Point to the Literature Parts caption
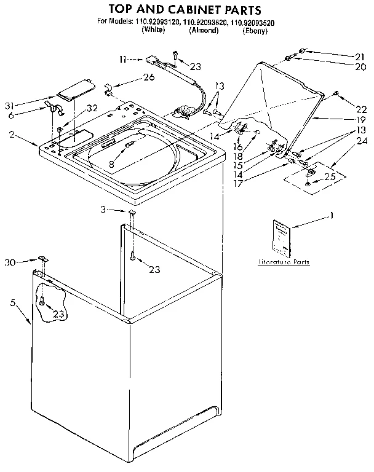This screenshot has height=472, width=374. [283, 262]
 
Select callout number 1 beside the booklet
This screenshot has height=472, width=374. [332, 216]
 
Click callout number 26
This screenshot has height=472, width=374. [148, 77]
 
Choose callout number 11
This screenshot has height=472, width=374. [122, 59]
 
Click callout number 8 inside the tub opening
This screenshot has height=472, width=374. [111, 165]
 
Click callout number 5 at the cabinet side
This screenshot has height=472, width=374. [13, 302]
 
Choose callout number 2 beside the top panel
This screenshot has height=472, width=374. [11, 133]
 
